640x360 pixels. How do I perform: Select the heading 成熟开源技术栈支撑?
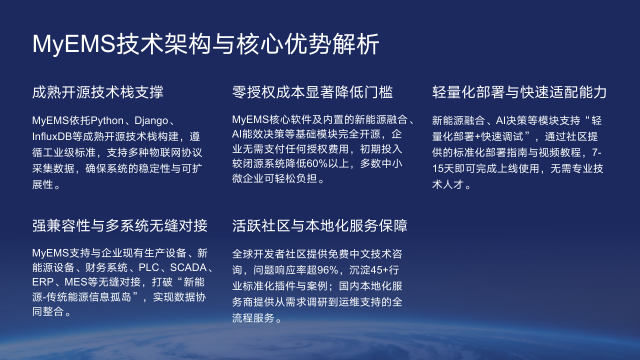[98, 92]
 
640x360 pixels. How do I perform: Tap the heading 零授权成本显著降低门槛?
[312, 92]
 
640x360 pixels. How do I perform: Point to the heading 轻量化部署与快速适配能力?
[519, 92]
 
